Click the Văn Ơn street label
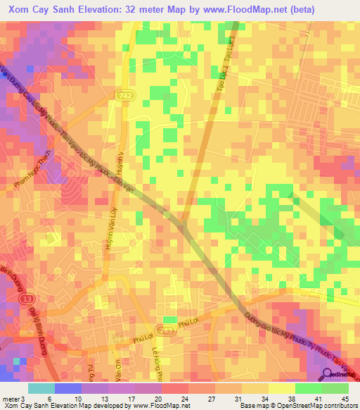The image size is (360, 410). (x=116, y=366)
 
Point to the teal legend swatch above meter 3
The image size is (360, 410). (x=41, y=388)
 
